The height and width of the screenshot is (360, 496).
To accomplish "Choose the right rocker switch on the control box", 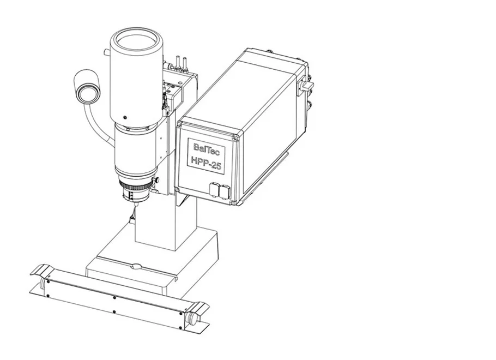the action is coord(225,191).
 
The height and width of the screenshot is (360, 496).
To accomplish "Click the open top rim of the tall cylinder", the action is coord(136,40).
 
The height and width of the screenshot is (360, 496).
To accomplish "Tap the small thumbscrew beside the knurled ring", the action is coord(156,180).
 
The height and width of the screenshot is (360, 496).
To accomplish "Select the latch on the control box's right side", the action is coord(306,86).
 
